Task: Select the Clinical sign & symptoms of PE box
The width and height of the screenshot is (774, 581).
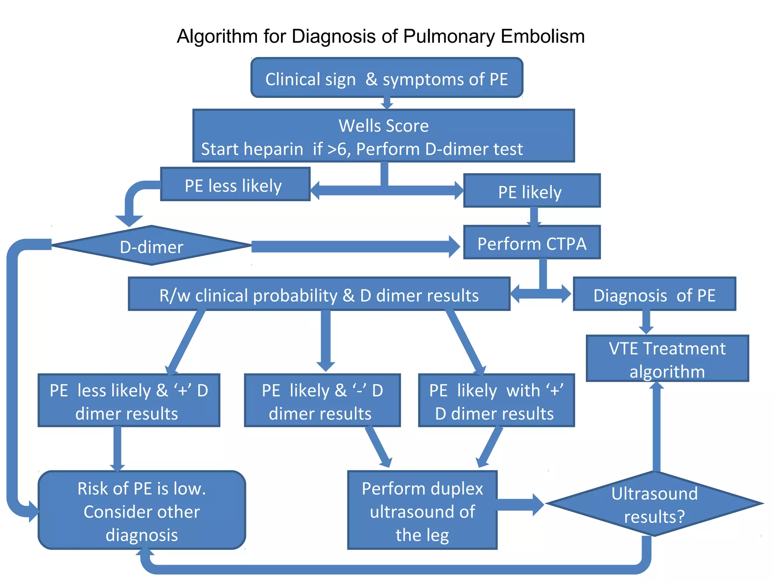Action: click(x=387, y=78)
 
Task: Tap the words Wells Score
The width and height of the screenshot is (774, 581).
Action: click(x=384, y=126)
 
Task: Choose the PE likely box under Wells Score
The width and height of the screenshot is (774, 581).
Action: click(x=531, y=191)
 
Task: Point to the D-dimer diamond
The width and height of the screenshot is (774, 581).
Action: click(x=151, y=246)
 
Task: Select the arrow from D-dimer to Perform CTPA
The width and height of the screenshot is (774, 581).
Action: click(x=355, y=247)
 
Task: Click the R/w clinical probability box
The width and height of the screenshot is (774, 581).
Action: click(x=319, y=294)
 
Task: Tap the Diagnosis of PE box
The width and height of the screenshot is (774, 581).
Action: click(x=654, y=294)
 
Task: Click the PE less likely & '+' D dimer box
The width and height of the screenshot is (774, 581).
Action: click(x=129, y=401)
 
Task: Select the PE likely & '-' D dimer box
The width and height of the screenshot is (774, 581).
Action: click(x=322, y=401)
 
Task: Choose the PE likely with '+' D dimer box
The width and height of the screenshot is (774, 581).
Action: click(x=496, y=401)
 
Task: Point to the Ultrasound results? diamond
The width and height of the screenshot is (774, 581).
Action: click(x=654, y=504)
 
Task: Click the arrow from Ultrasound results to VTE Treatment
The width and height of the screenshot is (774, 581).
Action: click(x=656, y=427)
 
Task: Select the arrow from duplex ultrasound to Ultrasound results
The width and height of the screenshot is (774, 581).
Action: click(x=520, y=505)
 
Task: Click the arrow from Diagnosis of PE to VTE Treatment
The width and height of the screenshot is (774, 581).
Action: click(x=646, y=322)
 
